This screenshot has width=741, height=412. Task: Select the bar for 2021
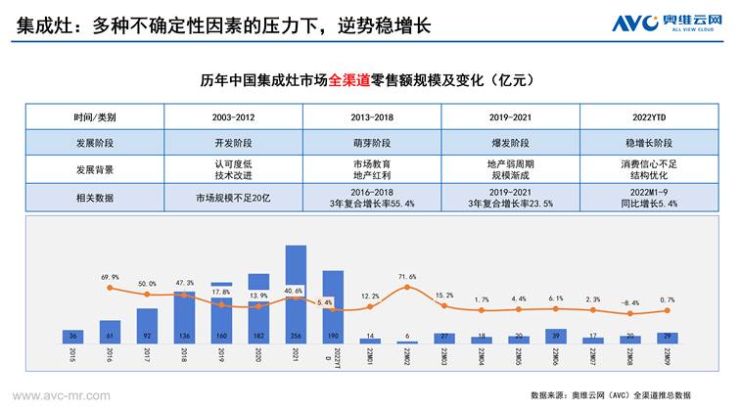(296, 294)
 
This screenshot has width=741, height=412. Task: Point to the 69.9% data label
(110, 278)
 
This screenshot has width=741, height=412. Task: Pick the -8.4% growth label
(630, 303)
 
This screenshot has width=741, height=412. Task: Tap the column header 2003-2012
(234, 117)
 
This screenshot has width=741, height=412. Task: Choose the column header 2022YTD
(650, 117)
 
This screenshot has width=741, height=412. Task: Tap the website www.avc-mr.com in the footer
(61, 395)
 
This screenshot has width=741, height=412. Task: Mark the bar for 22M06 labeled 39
(556, 336)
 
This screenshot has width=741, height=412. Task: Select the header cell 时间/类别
(94, 117)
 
